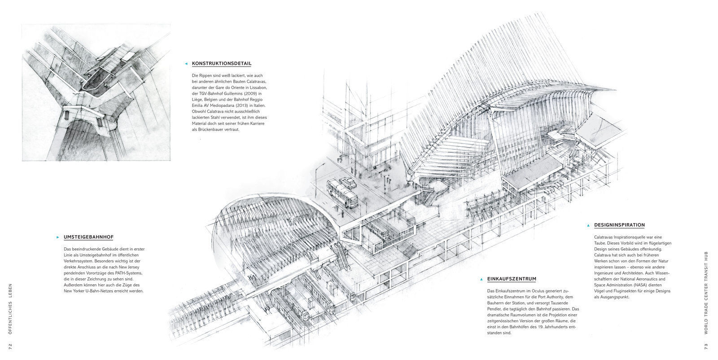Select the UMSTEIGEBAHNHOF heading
click(x=88, y=237)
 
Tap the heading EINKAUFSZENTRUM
click(x=512, y=279)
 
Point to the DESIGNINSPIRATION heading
click(x=619, y=225)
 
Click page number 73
click(x=706, y=347)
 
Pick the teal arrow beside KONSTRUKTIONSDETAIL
click(x=186, y=64)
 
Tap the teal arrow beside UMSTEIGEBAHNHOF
click(x=58, y=237)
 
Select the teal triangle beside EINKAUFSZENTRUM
click(x=481, y=279)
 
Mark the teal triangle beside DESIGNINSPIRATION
click(x=588, y=225)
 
